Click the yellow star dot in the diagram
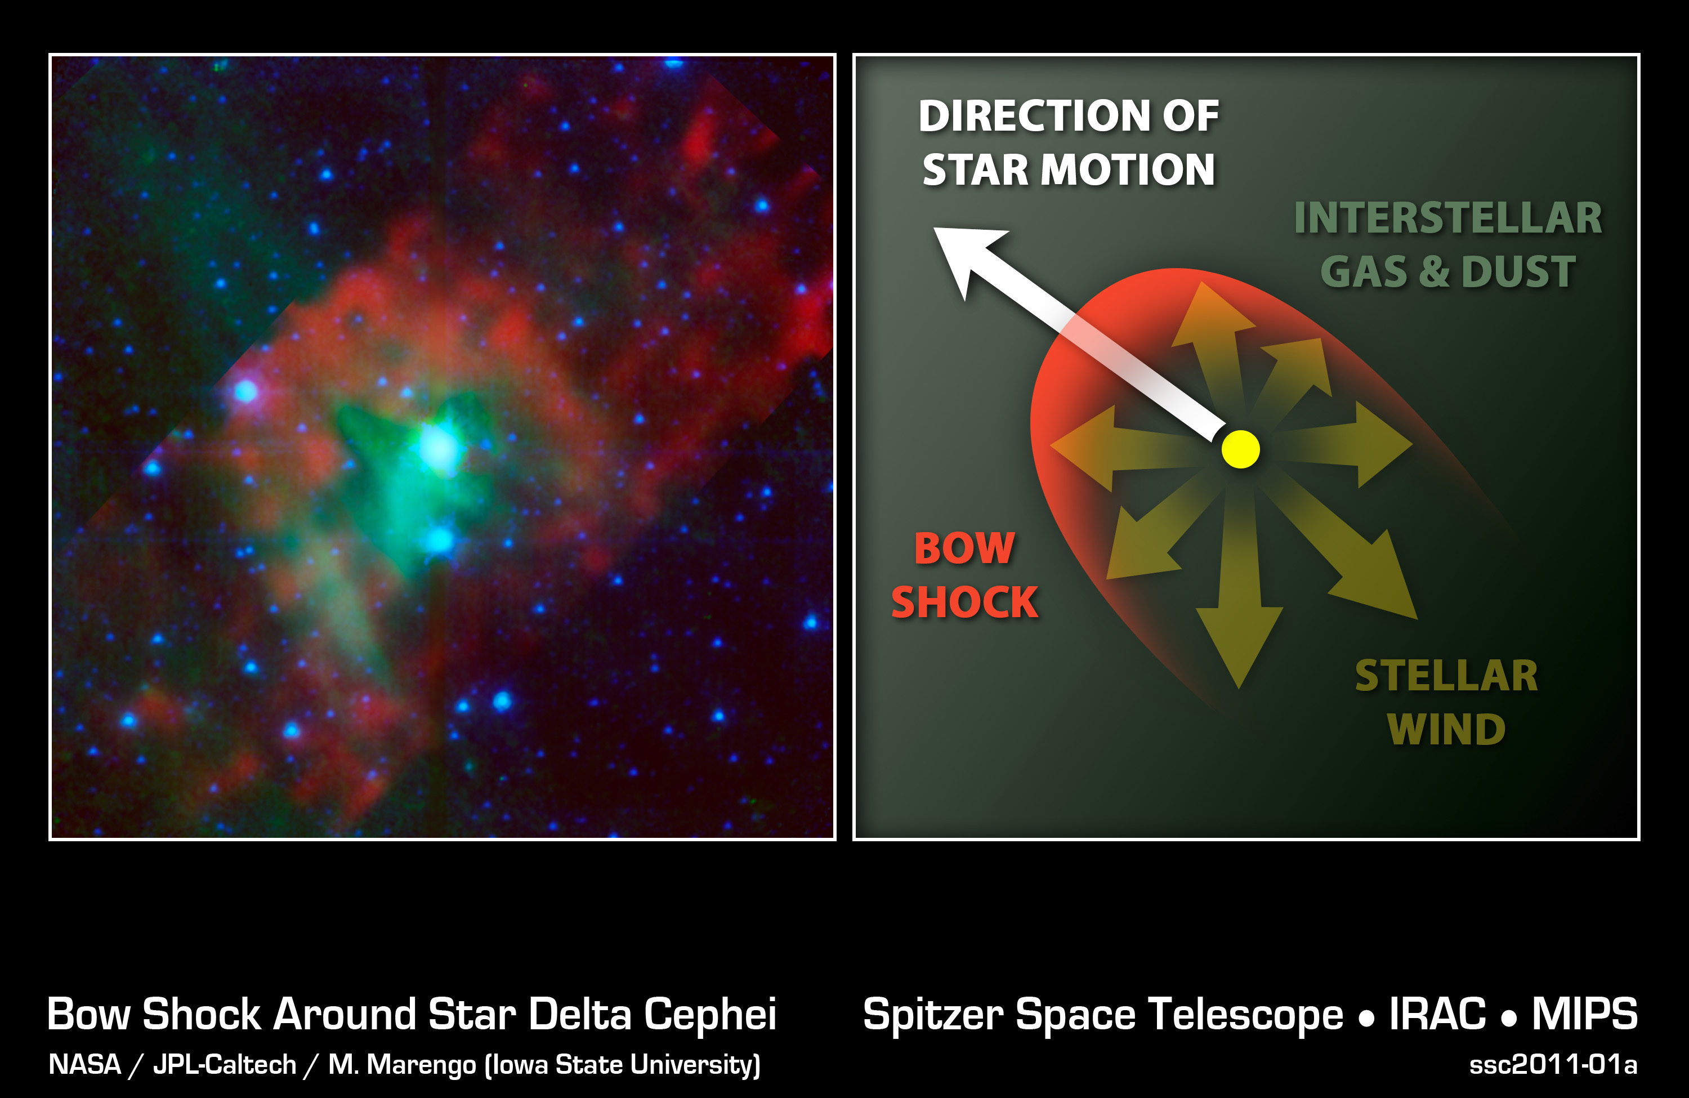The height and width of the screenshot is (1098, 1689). click(1240, 449)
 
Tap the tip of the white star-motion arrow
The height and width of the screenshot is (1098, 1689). click(934, 228)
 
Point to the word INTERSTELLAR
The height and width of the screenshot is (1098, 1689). click(1447, 217)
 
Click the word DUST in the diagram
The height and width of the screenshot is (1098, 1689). click(1518, 272)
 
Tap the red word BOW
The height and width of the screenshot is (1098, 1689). click(964, 548)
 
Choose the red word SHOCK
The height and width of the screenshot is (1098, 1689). click(964, 602)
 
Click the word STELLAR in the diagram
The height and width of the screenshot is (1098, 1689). click(1446, 676)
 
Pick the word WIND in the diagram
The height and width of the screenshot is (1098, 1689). click(1446, 730)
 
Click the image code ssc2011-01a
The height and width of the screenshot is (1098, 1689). click(1553, 1065)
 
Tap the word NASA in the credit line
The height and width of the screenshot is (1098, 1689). click(85, 1065)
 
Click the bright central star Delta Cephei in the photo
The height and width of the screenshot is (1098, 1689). click(438, 447)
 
